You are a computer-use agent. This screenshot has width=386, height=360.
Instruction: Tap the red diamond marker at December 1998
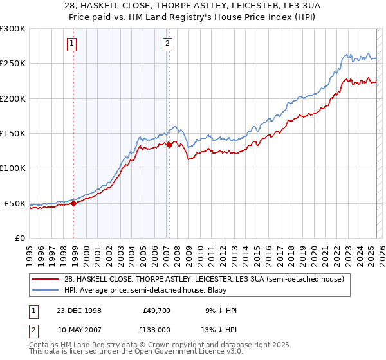pyautogui.click(x=74, y=203)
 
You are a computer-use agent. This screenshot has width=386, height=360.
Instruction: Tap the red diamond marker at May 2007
pyautogui.click(x=169, y=145)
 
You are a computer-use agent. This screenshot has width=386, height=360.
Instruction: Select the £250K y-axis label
pyautogui.click(x=13, y=64)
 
